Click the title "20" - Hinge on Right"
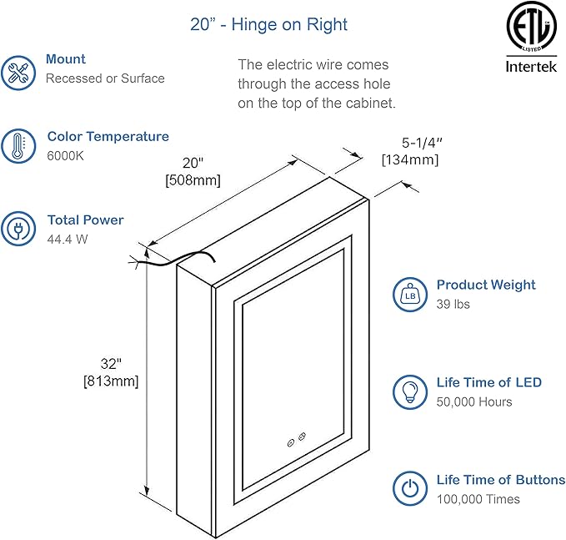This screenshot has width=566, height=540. tap(268, 24)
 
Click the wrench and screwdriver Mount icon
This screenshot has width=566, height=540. tap(18, 72)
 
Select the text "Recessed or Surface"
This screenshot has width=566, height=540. tap(105, 78)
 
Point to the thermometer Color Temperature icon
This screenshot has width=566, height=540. tap(18, 146)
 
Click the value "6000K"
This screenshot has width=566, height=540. tap(65, 156)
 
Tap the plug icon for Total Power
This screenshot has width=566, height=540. tap(18, 230)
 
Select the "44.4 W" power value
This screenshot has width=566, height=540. tap(67, 239)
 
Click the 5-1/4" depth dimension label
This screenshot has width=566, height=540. tap(410, 144)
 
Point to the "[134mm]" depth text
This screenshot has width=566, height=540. tap(410, 159)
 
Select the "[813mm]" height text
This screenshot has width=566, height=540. tap(110, 381)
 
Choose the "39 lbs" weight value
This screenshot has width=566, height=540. tap(453, 304)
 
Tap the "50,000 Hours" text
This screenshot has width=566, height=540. tap(474, 401)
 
